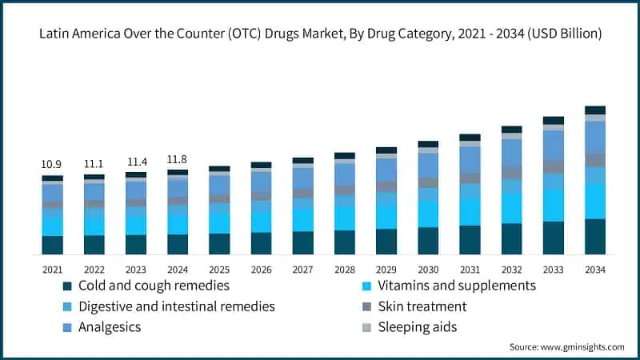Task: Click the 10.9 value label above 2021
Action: point(52,164)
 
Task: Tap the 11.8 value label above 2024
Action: point(178,158)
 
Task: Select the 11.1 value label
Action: point(94,164)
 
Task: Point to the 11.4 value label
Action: point(136,162)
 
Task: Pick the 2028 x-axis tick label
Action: point(345,270)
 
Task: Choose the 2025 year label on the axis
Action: point(219,270)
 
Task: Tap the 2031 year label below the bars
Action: point(470,270)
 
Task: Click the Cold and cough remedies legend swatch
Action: point(70,286)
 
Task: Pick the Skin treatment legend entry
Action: point(423,306)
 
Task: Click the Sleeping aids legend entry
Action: point(418,327)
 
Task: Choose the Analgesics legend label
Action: point(110,327)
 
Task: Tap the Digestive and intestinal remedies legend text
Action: point(177,306)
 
